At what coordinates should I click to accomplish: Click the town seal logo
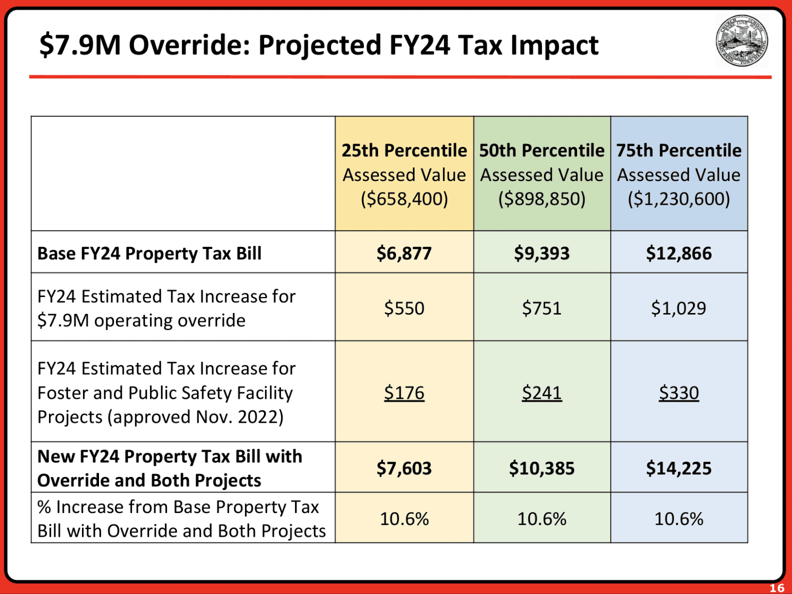pyautogui.click(x=741, y=40)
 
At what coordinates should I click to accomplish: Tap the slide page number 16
pyautogui.click(x=777, y=588)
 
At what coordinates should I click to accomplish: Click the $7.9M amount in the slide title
pyautogui.click(x=80, y=45)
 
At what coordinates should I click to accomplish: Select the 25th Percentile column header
pyautogui.click(x=404, y=151)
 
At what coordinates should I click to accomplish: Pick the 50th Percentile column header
pyautogui.click(x=541, y=151)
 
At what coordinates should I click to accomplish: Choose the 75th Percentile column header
pyautogui.click(x=679, y=151)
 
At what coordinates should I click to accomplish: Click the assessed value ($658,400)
pyautogui.click(x=404, y=199)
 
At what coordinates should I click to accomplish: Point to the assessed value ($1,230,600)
pyautogui.click(x=679, y=199)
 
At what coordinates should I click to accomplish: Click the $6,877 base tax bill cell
pyautogui.click(x=404, y=253)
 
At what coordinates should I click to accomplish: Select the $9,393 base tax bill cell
pyautogui.click(x=541, y=253)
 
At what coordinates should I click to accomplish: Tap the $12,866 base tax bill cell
pyautogui.click(x=679, y=253)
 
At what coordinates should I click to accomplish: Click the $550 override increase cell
pyautogui.click(x=404, y=308)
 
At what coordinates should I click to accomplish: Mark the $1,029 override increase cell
pyautogui.click(x=679, y=308)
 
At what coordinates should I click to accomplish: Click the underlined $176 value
pyautogui.click(x=404, y=393)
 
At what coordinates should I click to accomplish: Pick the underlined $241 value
pyautogui.click(x=541, y=393)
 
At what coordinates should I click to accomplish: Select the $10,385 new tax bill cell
pyautogui.click(x=541, y=468)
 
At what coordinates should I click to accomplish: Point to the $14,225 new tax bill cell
pyautogui.click(x=679, y=468)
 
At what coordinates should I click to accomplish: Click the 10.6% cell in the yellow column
pyautogui.click(x=404, y=519)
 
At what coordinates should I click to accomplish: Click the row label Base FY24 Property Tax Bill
pyautogui.click(x=150, y=254)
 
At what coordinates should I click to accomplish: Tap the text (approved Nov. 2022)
pyautogui.click(x=196, y=417)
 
